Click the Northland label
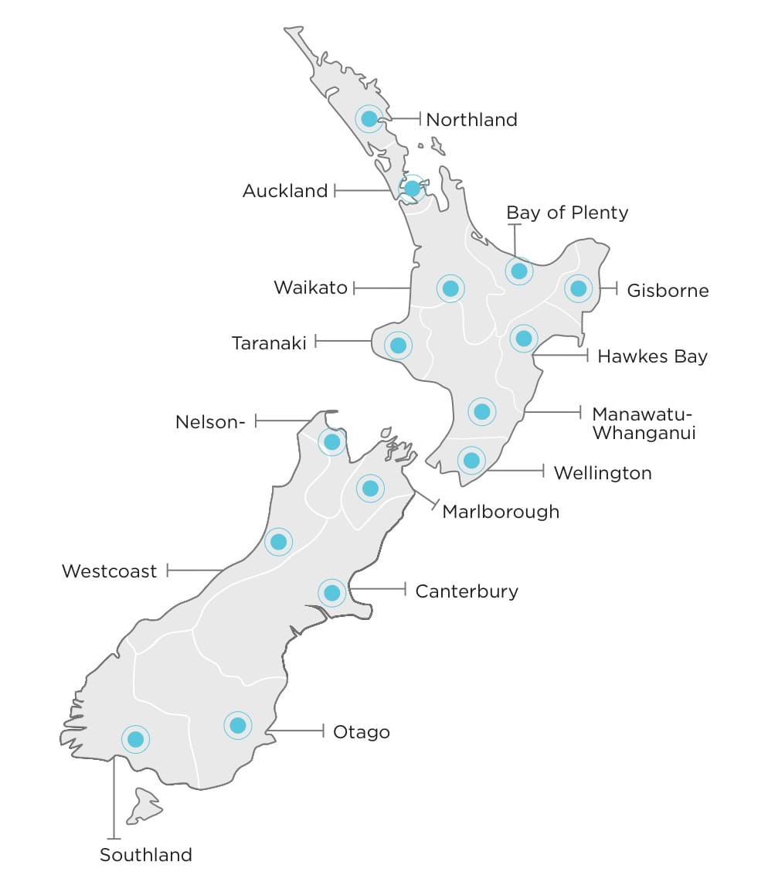(471, 120)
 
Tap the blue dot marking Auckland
(412, 188)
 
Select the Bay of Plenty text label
(567, 213)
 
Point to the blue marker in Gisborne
(578, 288)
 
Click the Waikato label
(311, 288)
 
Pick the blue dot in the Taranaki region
(398, 345)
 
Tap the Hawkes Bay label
(652, 356)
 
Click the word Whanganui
(644, 433)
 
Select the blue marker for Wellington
(471, 460)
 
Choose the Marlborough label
(501, 512)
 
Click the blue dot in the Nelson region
(332, 441)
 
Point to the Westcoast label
(109, 571)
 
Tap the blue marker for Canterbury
(331, 592)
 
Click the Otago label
(361, 731)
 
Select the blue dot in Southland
(136, 739)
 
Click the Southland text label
(145, 855)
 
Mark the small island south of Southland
(144, 806)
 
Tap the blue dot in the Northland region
(369, 118)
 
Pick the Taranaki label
(269, 342)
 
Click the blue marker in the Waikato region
(450, 288)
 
